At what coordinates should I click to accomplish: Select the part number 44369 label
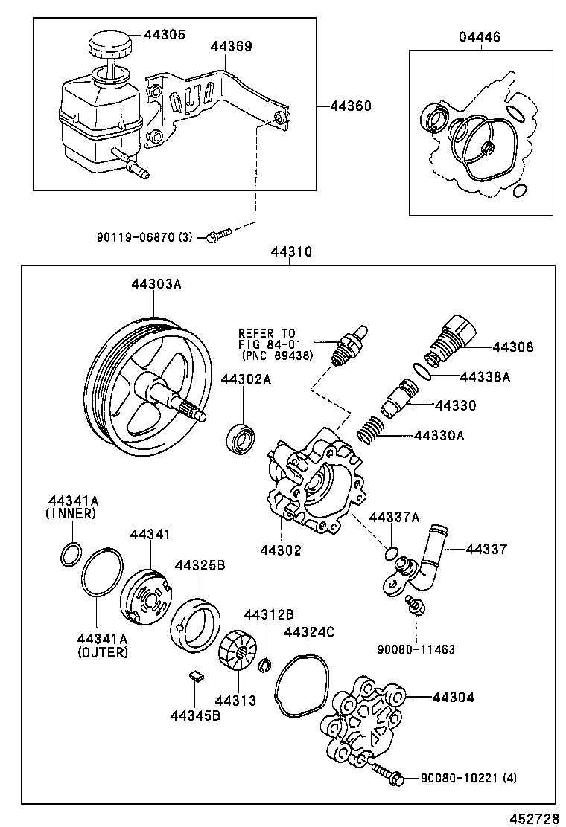pos(232,46)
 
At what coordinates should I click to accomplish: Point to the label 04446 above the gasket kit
pos(479,37)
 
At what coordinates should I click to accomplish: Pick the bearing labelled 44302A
pos(241,436)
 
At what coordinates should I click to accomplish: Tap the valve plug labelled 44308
pos(451,339)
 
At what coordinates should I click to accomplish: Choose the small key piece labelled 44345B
pos(197,675)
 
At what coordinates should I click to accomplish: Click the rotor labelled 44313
pos(237,650)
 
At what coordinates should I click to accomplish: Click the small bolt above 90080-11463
pos(415,605)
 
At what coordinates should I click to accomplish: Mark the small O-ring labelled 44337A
pos(391,553)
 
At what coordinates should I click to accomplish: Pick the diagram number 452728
pos(534,818)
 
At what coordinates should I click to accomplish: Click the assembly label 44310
pos(291,251)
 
